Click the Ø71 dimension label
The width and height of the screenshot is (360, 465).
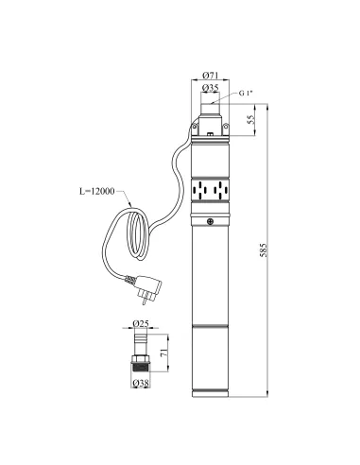point(211,76)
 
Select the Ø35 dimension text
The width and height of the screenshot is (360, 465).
point(211,88)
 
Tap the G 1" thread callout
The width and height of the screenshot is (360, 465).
point(246,94)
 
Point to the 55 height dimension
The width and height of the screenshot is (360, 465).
point(250,119)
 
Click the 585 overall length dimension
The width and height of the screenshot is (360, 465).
point(264,250)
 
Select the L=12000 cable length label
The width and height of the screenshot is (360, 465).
point(96,191)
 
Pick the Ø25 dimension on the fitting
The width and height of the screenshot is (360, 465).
point(141,323)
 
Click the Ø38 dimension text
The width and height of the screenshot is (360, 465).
point(141,383)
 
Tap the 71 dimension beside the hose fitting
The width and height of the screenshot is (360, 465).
point(163,353)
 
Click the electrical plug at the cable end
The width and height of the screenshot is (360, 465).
point(149,287)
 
